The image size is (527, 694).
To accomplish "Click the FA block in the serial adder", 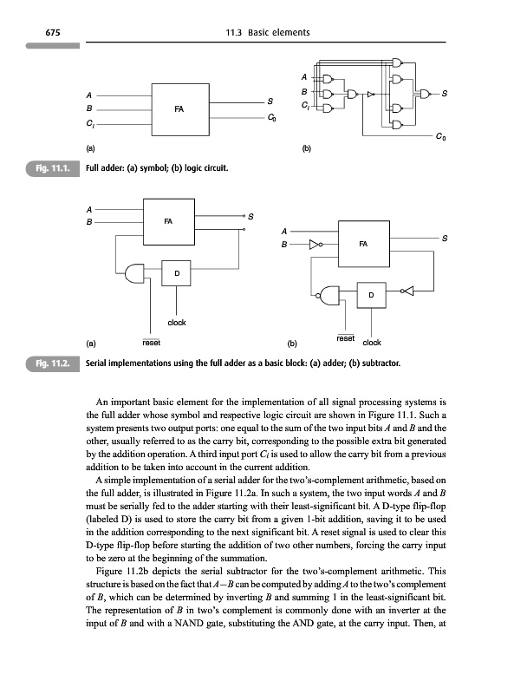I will click(168, 223).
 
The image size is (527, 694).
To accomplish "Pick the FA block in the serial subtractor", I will click(362, 246).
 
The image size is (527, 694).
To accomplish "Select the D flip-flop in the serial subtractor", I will click(371, 297).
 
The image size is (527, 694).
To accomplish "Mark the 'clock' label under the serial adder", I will click(177, 322).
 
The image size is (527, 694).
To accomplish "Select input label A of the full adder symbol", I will click(88, 95).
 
